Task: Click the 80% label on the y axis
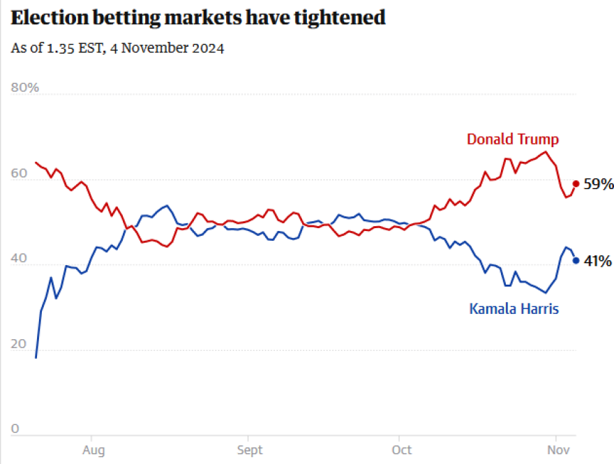point(25,88)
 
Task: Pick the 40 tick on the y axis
point(19,260)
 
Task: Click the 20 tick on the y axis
point(19,345)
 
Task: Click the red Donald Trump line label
point(513,139)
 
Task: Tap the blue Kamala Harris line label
point(514,308)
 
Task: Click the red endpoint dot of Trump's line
point(576,184)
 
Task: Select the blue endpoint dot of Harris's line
point(576,261)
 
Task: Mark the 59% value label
point(599,184)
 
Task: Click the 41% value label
point(598,262)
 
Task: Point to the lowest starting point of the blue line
point(36,357)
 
